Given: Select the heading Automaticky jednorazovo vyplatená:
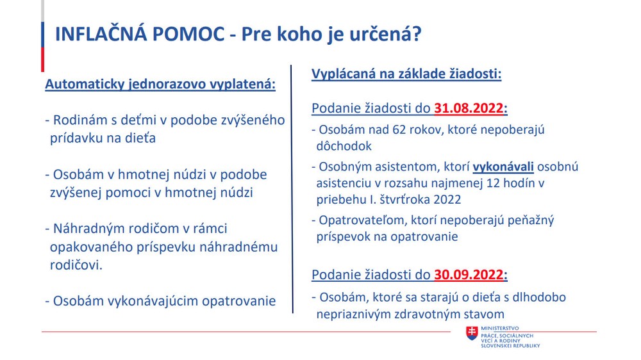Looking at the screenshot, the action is pyautogui.click(x=160, y=84).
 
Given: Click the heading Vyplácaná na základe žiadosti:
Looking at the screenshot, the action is pyautogui.click(x=406, y=74).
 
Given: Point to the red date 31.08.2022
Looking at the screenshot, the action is pyautogui.click(x=469, y=108).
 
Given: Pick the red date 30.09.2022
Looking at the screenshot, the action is pyautogui.click(x=469, y=275).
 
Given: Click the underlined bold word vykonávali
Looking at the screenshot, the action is pyautogui.click(x=503, y=167).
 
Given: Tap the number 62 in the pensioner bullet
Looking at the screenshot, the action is pyautogui.click(x=399, y=129).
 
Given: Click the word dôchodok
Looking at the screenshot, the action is pyautogui.click(x=344, y=146).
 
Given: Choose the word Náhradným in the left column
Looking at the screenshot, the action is pyautogui.click(x=89, y=229).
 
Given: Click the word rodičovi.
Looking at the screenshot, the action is pyautogui.click(x=76, y=265).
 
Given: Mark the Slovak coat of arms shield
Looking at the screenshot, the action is pyautogui.click(x=472, y=334).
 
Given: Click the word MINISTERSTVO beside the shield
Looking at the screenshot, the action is pyautogui.click(x=499, y=328).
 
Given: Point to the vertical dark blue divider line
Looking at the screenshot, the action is pyautogui.click(x=292, y=189).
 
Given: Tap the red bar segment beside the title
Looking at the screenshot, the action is pyautogui.click(x=42, y=59).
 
